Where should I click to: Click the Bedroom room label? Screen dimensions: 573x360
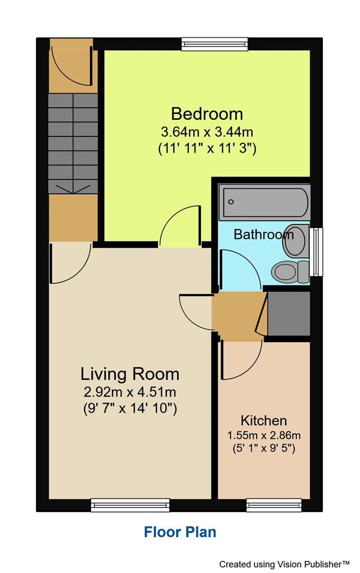click(x=207, y=114)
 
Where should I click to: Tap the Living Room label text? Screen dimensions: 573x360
click(x=129, y=374)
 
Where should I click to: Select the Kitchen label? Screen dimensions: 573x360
click(x=264, y=421)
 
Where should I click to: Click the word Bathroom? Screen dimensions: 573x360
click(x=264, y=234)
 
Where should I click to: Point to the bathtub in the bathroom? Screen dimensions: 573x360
click(x=264, y=202)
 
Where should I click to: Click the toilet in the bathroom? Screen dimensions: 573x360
click(x=289, y=272)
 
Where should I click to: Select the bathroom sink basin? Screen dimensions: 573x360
click(x=295, y=240)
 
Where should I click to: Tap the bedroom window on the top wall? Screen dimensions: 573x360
click(x=214, y=44)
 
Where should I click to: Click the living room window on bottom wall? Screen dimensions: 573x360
click(x=130, y=505)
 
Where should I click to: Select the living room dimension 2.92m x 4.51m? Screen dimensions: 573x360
click(x=129, y=393)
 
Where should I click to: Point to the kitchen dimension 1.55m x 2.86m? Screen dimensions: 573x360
click(x=264, y=436)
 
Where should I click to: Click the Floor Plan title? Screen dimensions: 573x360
click(x=180, y=532)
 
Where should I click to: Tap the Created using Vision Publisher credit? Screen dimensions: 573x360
click(x=285, y=563)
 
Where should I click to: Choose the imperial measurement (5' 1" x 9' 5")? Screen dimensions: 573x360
click(x=264, y=448)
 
